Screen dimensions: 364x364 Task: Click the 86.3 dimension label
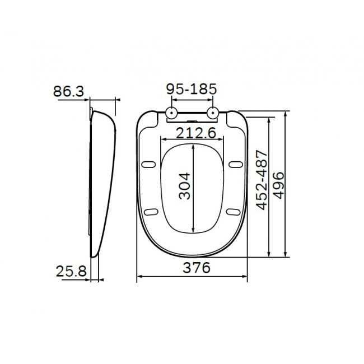pyautogui.click(x=68, y=91)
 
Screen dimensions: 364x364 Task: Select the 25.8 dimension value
pyautogui.click(x=71, y=271)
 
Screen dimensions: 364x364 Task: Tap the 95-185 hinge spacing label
pyautogui.click(x=192, y=89)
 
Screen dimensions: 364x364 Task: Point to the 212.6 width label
pyautogui.click(x=196, y=133)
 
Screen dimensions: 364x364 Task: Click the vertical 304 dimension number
pyautogui.click(x=185, y=186)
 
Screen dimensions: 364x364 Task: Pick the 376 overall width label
pyautogui.click(x=197, y=268)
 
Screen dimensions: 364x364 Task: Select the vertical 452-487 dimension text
pyautogui.click(x=262, y=180)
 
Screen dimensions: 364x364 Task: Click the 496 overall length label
pyautogui.click(x=278, y=185)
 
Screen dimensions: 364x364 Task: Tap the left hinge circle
pyautogui.click(x=171, y=113)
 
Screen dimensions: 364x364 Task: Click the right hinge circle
pyautogui.click(x=212, y=113)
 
